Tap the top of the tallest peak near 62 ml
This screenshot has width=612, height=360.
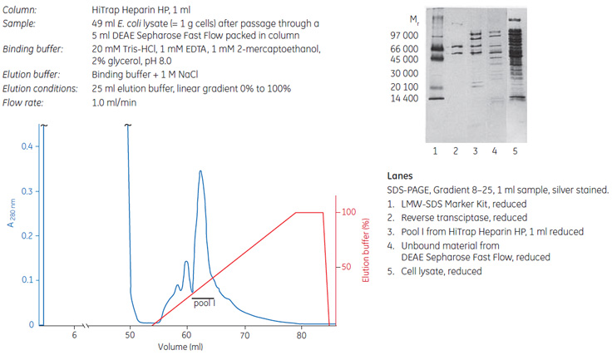200,171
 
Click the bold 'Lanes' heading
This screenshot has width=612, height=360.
401,176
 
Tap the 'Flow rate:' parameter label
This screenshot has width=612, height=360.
25,103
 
